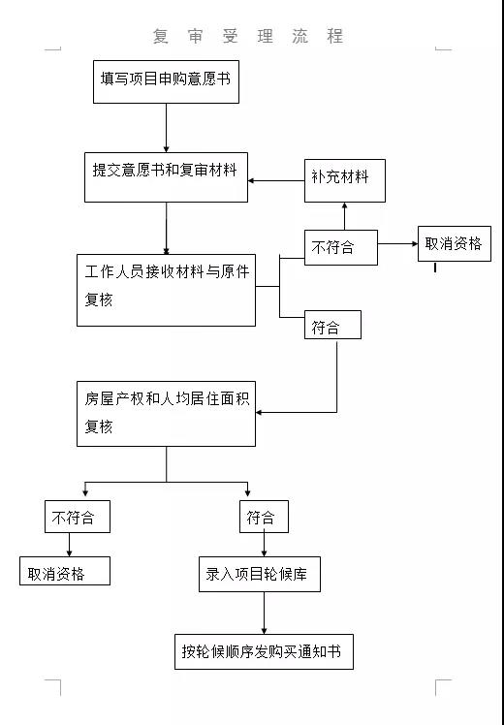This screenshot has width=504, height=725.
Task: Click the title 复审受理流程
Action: (248, 36)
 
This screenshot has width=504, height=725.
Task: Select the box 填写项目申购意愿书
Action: (166, 81)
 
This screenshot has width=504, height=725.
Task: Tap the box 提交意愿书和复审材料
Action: (166, 177)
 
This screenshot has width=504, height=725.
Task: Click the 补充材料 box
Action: (344, 181)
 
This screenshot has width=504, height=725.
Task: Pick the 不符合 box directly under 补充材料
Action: (341, 247)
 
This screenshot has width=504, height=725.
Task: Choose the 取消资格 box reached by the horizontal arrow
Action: (455, 243)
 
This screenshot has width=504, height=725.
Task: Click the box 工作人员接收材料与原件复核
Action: (166, 290)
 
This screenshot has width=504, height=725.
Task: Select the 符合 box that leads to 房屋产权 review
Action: (332, 325)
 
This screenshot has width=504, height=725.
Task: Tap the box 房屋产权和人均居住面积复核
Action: (166, 414)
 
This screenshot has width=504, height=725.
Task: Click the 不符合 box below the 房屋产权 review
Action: (78, 517)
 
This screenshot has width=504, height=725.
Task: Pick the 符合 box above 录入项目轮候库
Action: (264, 517)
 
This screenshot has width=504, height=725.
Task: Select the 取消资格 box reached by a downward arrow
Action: (65, 571)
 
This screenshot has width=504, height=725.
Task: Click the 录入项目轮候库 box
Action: (260, 574)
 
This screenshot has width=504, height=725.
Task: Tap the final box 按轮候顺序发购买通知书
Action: (264, 651)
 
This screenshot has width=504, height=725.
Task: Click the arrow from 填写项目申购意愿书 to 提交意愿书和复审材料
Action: (166, 128)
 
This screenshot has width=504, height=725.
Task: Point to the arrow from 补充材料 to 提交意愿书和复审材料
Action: (276, 181)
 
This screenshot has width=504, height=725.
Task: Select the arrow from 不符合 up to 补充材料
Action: (344, 216)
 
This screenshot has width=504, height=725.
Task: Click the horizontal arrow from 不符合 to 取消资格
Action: (397, 243)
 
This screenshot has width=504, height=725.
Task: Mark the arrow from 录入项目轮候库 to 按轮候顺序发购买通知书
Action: (264, 614)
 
